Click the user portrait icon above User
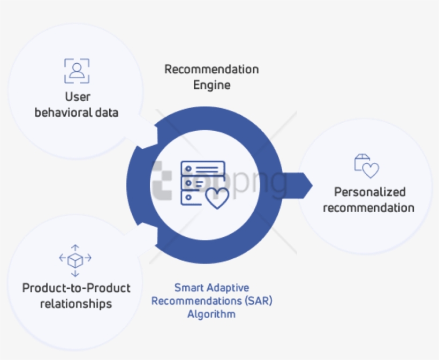(x=77, y=71)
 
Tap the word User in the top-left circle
(x=78, y=97)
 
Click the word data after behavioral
(x=107, y=112)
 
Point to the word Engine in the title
(x=212, y=85)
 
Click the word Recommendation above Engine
(x=211, y=70)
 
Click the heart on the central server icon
(x=217, y=198)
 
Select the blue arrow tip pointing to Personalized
(x=312, y=185)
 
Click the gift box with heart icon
(x=367, y=166)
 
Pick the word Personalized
(x=370, y=192)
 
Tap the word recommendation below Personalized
(x=369, y=208)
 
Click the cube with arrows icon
(x=75, y=260)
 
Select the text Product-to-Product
(x=76, y=288)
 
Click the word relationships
(x=76, y=304)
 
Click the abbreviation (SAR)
(x=259, y=301)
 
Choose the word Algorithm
(x=211, y=314)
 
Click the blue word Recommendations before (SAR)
(x=196, y=301)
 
